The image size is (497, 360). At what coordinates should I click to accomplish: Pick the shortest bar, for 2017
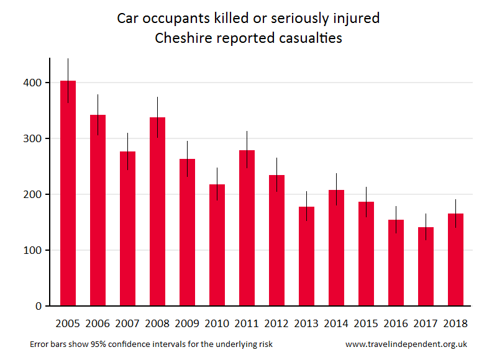tap(426, 266)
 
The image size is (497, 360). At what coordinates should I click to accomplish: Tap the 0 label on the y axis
tap(38, 306)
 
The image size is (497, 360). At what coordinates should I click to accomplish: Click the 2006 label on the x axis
tap(98, 323)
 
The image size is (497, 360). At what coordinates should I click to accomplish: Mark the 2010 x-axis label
tap(217, 323)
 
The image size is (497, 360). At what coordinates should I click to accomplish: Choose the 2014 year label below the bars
tap(336, 323)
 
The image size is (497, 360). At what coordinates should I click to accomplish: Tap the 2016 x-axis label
tap(396, 323)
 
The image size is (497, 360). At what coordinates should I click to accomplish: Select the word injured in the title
tap(355, 18)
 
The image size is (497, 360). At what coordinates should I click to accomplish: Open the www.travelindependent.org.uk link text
tap(406, 344)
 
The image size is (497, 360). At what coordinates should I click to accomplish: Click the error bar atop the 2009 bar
tap(187, 151)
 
